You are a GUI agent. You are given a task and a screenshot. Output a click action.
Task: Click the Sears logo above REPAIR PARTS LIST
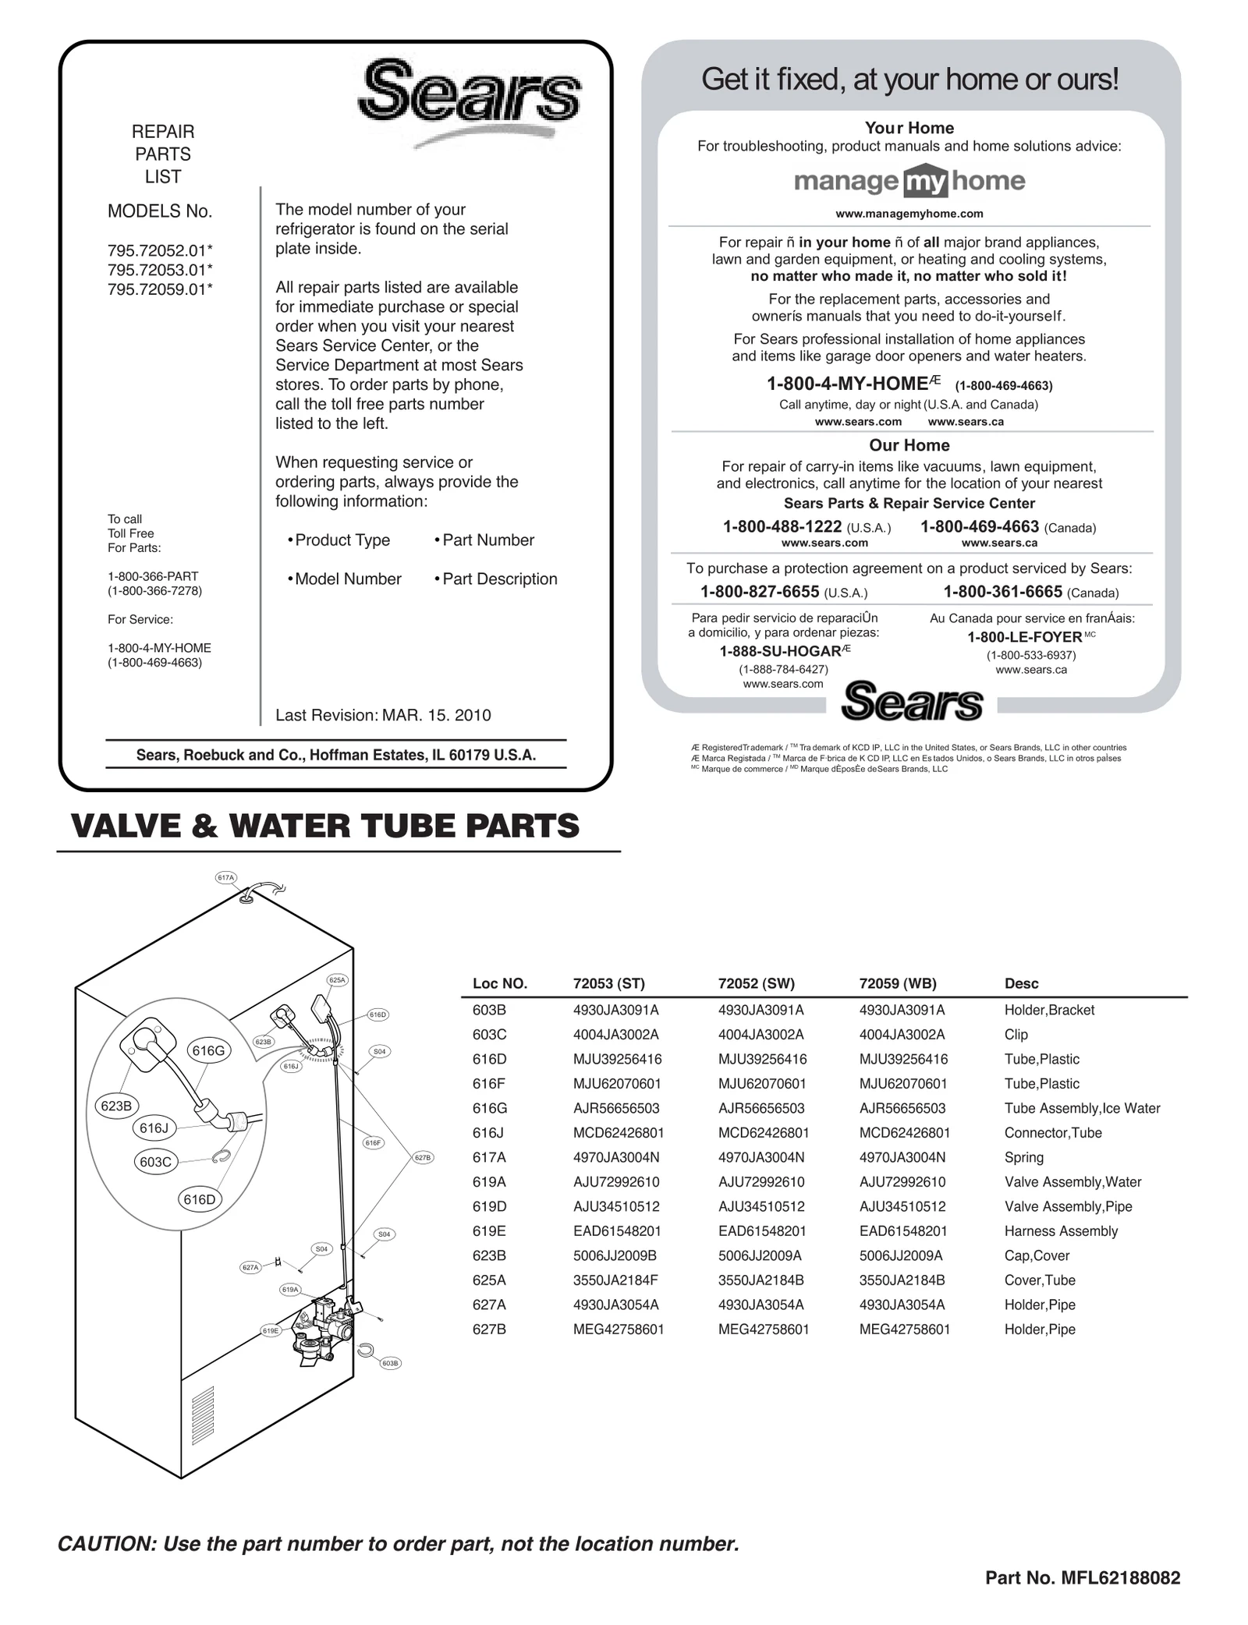(470, 97)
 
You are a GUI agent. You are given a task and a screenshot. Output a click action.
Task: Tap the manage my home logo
(909, 182)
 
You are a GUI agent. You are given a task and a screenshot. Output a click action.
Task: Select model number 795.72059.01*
(160, 289)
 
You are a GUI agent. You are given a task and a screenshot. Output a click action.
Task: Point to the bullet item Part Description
(499, 579)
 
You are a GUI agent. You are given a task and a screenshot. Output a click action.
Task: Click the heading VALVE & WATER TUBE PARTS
(325, 826)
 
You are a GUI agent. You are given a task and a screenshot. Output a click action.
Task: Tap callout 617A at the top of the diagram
(225, 878)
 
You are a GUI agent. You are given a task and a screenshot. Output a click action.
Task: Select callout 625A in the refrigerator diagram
(337, 980)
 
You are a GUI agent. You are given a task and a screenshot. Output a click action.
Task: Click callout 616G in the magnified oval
(208, 1050)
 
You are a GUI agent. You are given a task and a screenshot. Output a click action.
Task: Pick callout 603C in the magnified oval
(155, 1162)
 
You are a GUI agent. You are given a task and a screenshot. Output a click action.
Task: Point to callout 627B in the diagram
(422, 1158)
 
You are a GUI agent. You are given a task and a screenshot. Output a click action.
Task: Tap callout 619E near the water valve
(271, 1330)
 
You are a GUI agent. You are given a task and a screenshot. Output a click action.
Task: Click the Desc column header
(1021, 983)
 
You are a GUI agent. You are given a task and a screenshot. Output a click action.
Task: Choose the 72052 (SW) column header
(756, 983)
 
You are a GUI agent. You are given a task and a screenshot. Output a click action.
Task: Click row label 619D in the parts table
(489, 1206)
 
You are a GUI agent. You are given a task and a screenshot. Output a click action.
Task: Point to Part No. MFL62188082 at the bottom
(1083, 1578)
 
